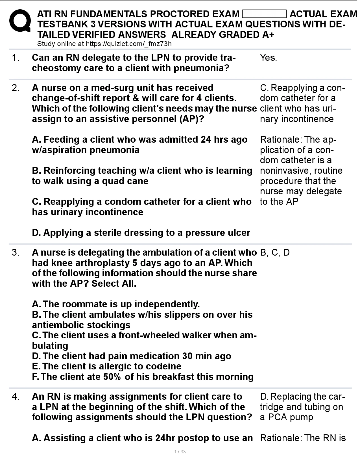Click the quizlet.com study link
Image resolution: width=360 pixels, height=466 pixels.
[128, 44]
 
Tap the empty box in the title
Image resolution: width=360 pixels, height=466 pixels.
[264, 14]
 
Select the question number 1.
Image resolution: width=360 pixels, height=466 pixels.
[16, 58]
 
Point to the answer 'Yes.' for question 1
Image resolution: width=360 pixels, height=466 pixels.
[268, 58]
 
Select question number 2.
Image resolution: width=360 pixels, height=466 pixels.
[16, 88]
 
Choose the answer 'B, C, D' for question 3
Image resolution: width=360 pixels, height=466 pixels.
[275, 252]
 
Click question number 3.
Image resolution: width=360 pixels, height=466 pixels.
[16, 252]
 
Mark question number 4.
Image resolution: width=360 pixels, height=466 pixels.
[16, 397]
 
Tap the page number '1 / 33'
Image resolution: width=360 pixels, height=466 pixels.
[180, 452]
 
